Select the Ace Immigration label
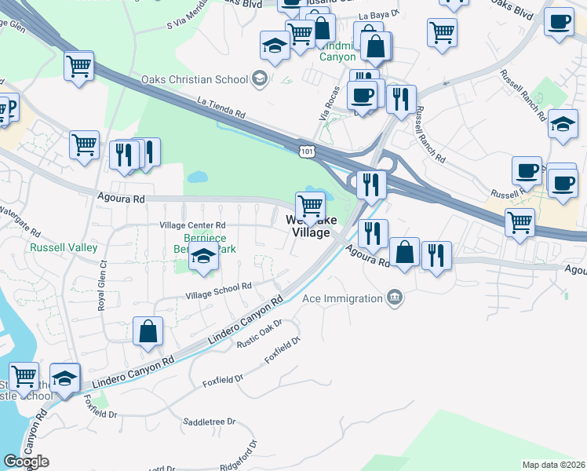coord(344,298)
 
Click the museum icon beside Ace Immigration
coord(395,298)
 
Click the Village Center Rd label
coord(192,225)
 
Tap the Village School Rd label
coord(218,291)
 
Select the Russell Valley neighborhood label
coord(64,247)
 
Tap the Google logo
coord(26,462)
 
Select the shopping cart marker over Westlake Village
coord(311,206)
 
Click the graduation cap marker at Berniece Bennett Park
coord(204,256)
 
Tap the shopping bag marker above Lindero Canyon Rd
coord(148,332)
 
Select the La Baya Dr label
coord(380,16)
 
